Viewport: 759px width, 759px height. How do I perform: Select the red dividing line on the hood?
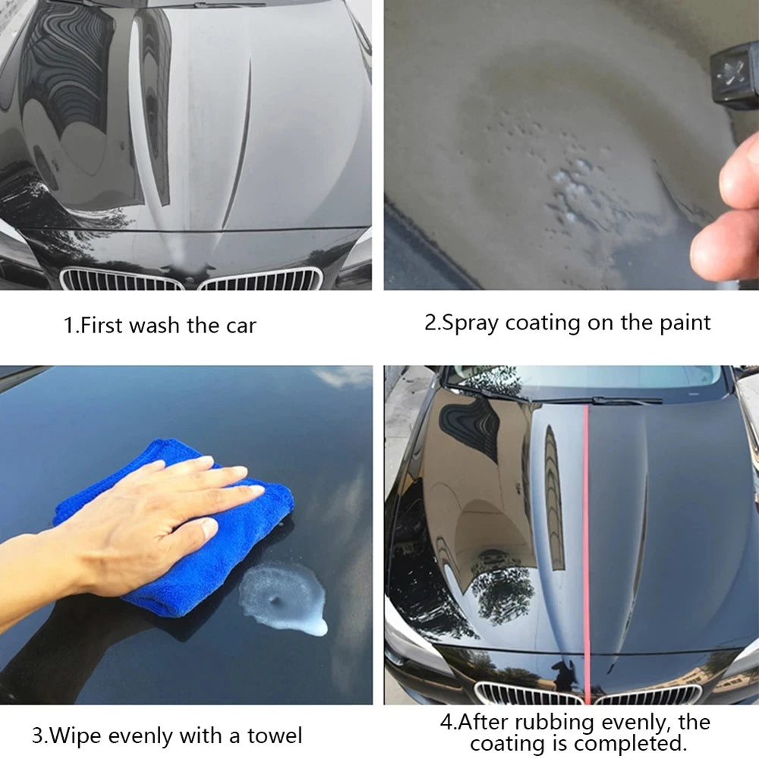click(585, 531)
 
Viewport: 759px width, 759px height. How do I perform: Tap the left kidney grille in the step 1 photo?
click(121, 279)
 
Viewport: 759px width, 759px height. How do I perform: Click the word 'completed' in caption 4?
click(631, 743)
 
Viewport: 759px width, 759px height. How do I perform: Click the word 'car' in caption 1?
click(241, 326)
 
